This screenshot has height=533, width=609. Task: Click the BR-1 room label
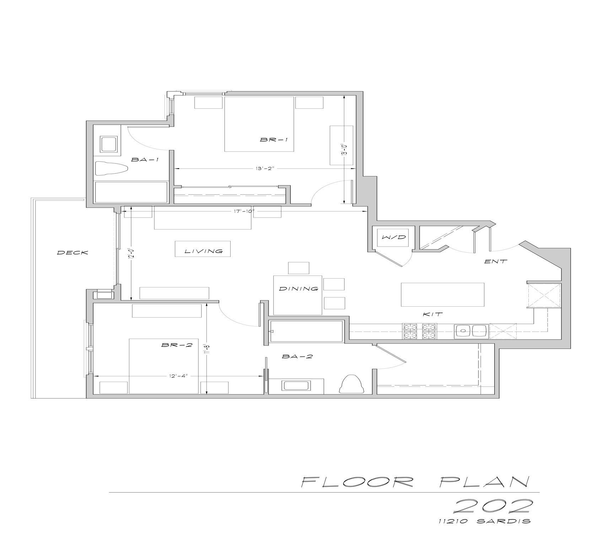(274, 140)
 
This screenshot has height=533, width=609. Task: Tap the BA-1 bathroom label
(145, 160)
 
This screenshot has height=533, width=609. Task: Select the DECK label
(72, 253)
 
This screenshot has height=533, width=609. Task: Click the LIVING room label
(204, 251)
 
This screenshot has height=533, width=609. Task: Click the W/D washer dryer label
(394, 237)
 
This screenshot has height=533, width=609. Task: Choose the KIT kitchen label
(432, 314)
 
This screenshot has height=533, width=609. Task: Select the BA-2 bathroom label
(297, 356)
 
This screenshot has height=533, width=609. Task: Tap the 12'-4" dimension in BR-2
(176, 376)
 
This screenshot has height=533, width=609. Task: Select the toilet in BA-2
(351, 384)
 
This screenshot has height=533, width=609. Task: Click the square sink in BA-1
(109, 145)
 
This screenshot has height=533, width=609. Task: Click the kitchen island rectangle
(443, 294)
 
